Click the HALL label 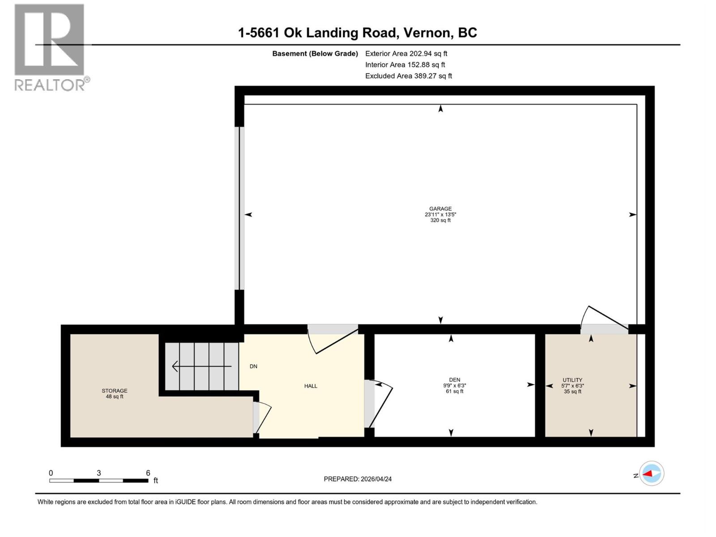tap(311, 386)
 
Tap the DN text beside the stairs tap(253, 366)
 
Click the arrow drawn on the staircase tap(201, 366)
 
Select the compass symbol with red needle tap(652, 473)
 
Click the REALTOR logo tap(50, 47)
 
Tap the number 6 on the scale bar tap(148, 473)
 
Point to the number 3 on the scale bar tap(98, 473)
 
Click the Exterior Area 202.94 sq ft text tap(406, 53)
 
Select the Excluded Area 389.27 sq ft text tap(408, 76)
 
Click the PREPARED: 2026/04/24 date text tap(358, 479)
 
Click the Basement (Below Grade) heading tap(315, 53)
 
